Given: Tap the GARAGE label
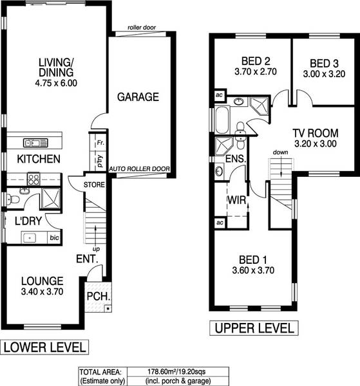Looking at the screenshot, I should pyautogui.click(x=137, y=98).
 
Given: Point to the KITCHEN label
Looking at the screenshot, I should pyautogui.click(x=39, y=159).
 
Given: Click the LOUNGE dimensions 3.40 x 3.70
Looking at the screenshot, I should pyautogui.click(x=42, y=293).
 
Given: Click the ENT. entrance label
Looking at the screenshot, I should pyautogui.click(x=86, y=260).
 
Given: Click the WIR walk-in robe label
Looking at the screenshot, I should pyautogui.click(x=236, y=199).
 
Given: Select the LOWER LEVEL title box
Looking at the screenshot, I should pyautogui.click(x=44, y=348).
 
